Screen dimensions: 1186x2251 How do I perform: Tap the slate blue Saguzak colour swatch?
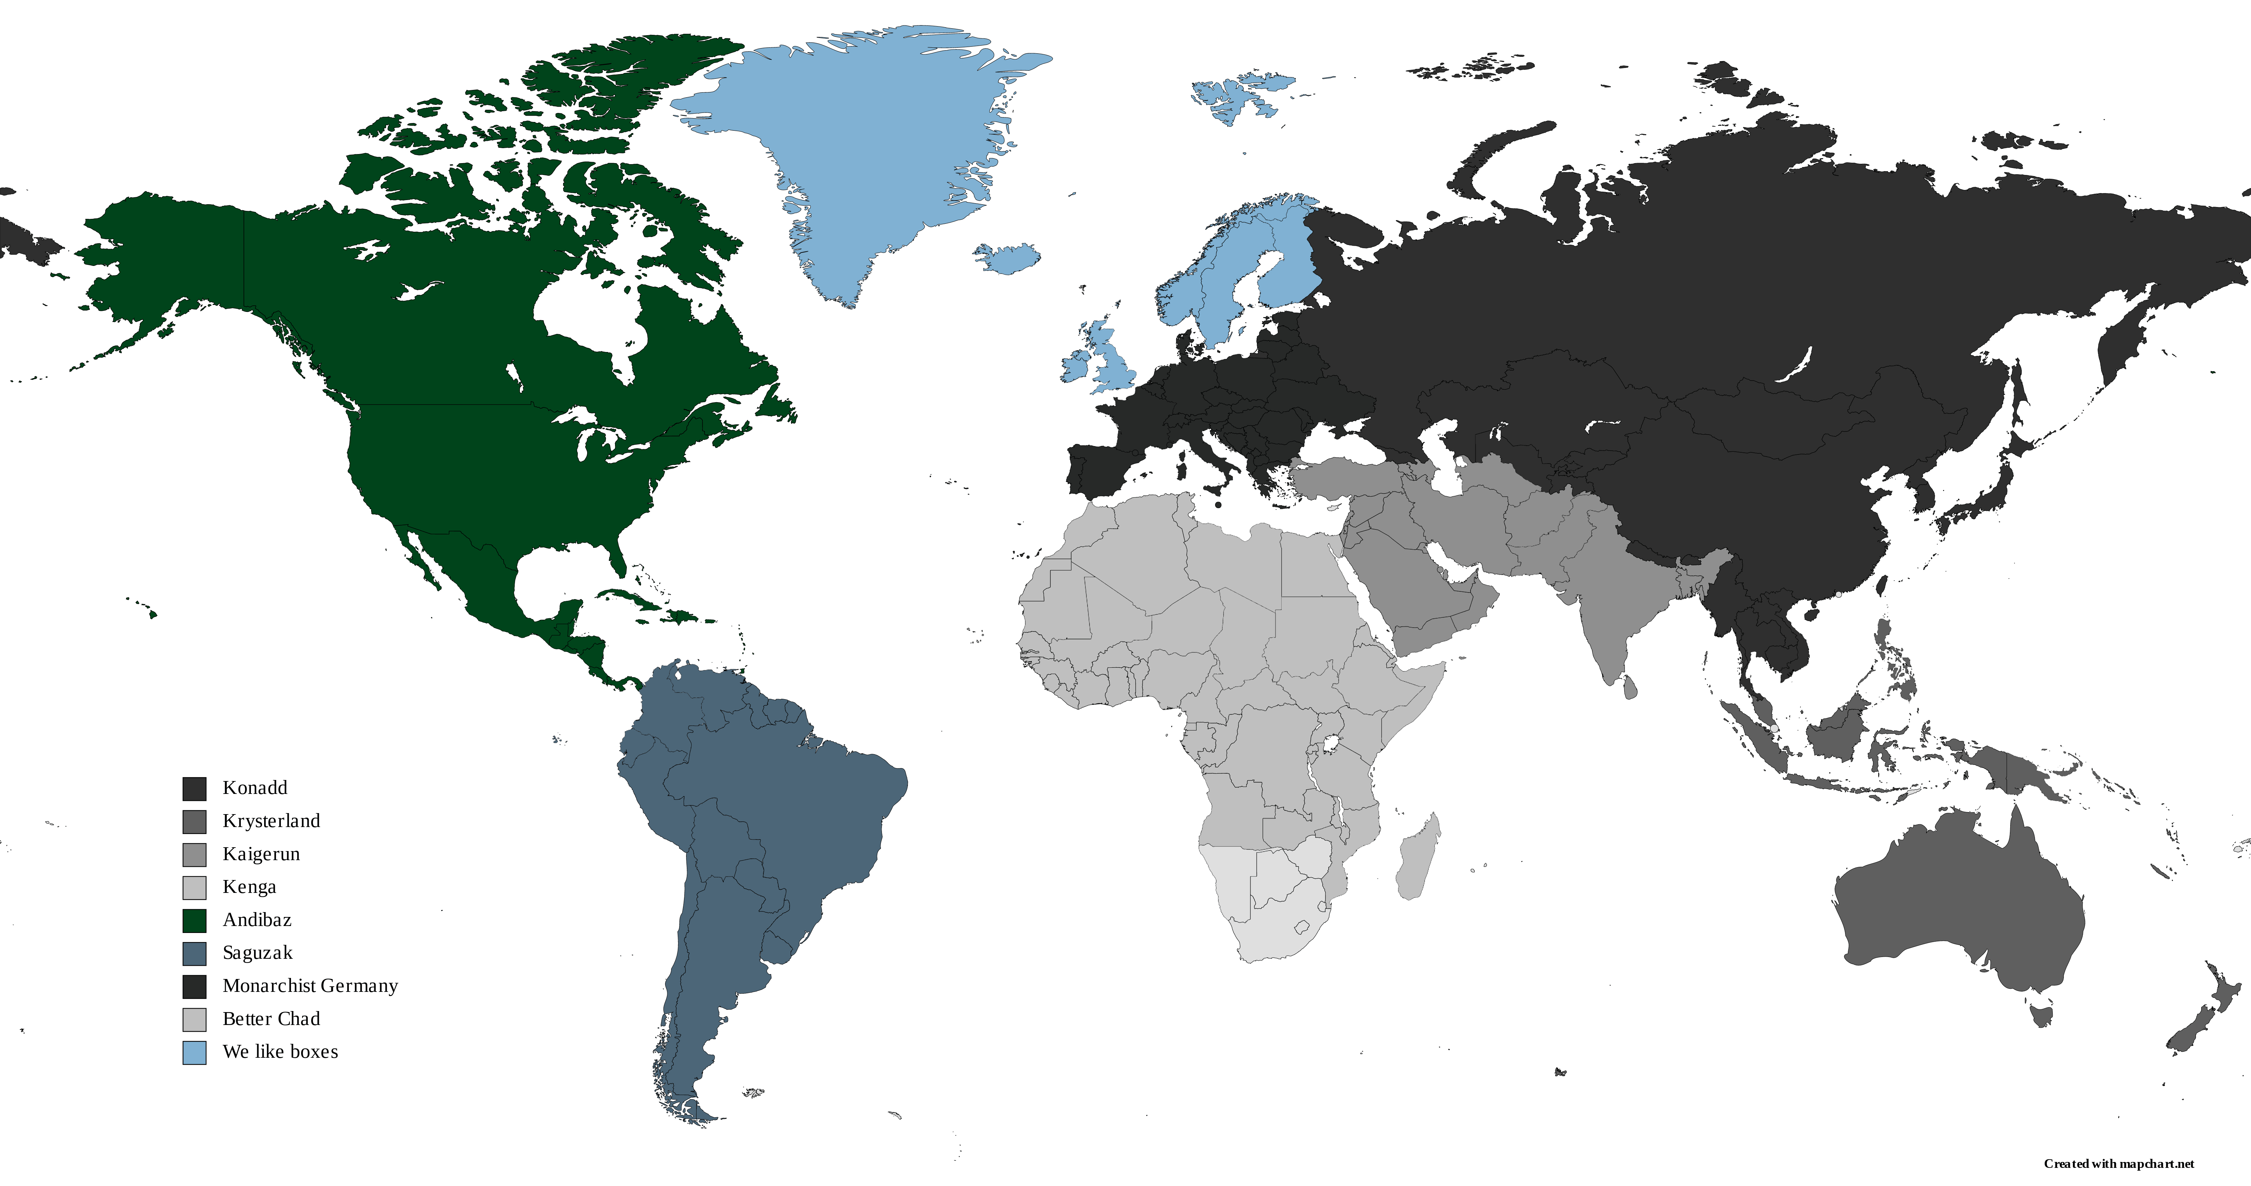[194, 954]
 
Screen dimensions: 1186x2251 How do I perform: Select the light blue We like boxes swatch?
[194, 1052]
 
